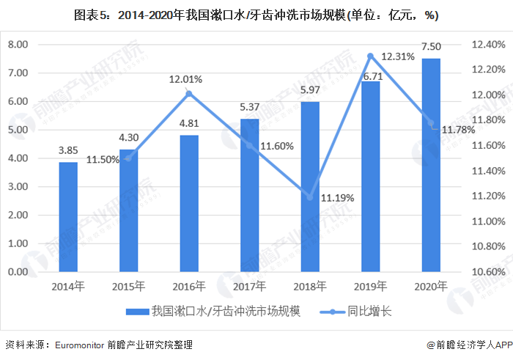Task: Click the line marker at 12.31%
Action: (371, 56)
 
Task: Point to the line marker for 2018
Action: (310, 197)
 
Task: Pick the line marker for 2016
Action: (189, 93)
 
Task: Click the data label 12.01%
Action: (185, 79)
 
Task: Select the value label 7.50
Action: (431, 46)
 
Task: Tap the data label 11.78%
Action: (457, 130)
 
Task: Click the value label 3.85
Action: (68, 150)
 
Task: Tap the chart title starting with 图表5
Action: (256, 14)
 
